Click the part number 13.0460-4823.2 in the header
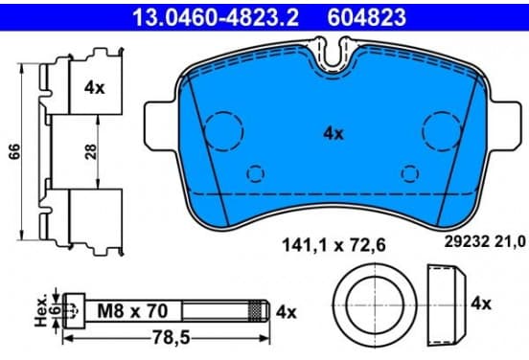click(216, 17)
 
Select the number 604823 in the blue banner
click(367, 17)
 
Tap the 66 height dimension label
click(15, 151)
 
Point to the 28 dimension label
click(91, 151)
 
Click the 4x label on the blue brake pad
click(333, 134)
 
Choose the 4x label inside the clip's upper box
click(95, 88)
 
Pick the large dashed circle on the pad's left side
click(224, 130)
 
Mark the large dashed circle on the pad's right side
click(442, 130)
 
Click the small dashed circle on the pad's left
click(255, 173)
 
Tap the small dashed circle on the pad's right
click(410, 173)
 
